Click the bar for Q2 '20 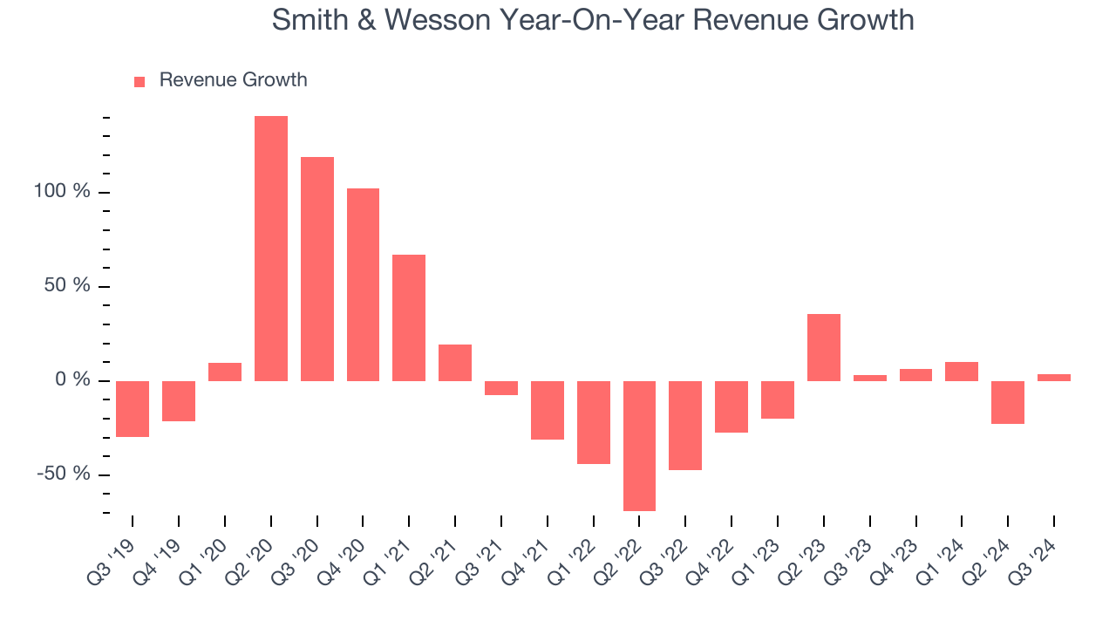(x=270, y=249)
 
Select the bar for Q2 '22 (x=639, y=446)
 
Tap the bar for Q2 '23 (x=823, y=347)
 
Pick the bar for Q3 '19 (x=133, y=408)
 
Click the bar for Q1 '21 (x=409, y=317)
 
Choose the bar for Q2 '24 (x=1008, y=402)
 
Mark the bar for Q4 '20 (x=363, y=284)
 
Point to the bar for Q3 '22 (x=685, y=425)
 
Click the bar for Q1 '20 (x=225, y=372)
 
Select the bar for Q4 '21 (x=548, y=410)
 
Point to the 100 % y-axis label (x=62, y=192)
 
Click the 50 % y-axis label (x=67, y=286)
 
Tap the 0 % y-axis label (x=72, y=380)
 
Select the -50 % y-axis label (x=64, y=474)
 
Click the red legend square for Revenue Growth (x=139, y=81)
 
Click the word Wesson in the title (x=444, y=19)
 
